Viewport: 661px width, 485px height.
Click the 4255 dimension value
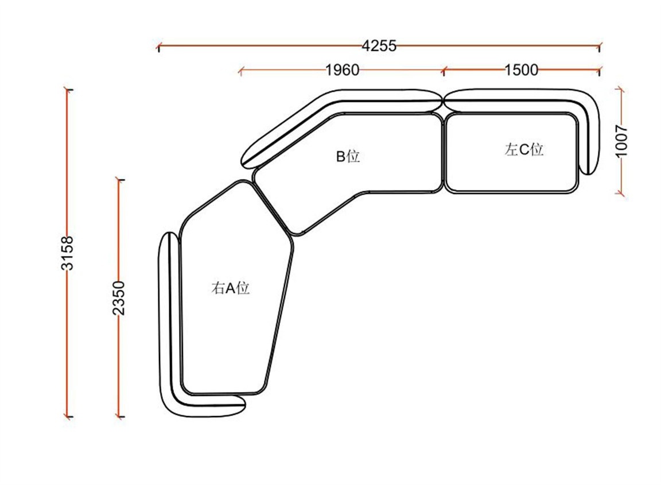(x=379, y=45)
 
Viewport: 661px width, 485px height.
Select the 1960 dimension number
(x=343, y=69)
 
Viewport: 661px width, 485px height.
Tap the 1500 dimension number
(x=522, y=69)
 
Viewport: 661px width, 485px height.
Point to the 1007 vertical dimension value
(x=622, y=141)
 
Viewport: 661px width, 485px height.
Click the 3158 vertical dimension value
(x=67, y=253)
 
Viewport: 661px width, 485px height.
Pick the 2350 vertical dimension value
(x=119, y=298)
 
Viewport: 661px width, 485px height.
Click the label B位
(x=348, y=157)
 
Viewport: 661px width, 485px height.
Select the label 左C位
(x=524, y=149)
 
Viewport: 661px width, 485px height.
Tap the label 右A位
(x=230, y=288)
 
